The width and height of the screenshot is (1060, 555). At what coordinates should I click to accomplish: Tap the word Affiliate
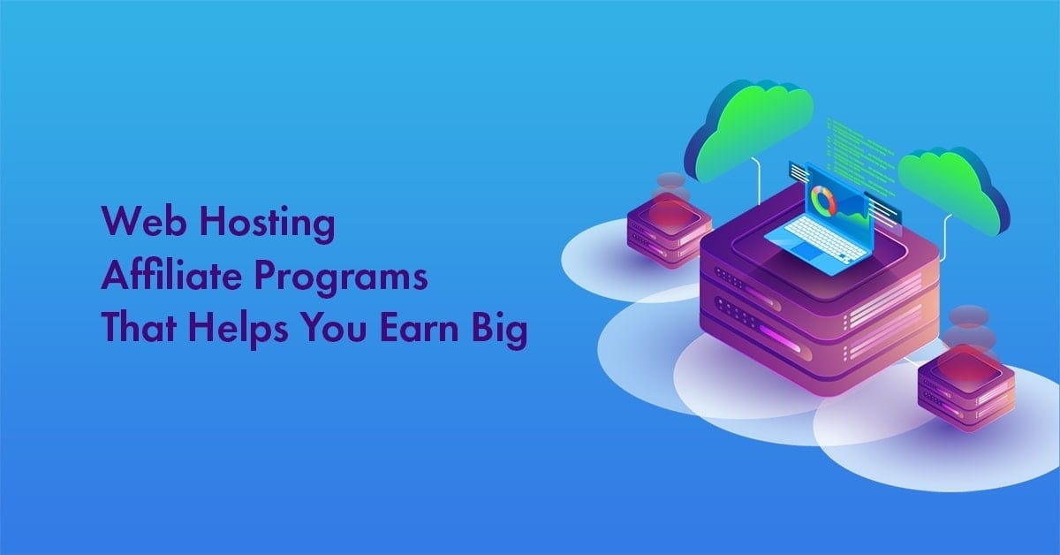pyautogui.click(x=150, y=277)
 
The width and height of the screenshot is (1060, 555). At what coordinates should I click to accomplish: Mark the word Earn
pyautogui.click(x=425, y=329)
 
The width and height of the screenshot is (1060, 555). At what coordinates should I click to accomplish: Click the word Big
pyautogui.click(x=501, y=331)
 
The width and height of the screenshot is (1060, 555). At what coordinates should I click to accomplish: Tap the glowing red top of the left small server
pyautogui.click(x=669, y=213)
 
